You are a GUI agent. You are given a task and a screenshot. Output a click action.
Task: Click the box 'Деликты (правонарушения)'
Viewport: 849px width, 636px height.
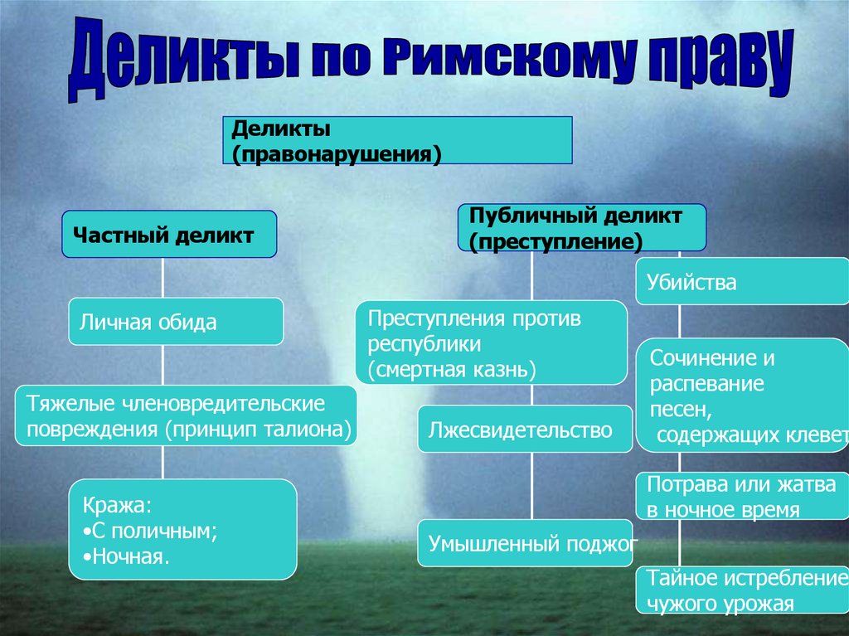click(397, 140)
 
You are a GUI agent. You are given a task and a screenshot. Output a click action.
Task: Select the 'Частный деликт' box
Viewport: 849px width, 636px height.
click(168, 235)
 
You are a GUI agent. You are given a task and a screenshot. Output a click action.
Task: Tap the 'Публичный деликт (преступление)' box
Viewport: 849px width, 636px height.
click(582, 228)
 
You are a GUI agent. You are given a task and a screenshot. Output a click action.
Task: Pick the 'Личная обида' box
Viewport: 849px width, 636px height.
click(176, 322)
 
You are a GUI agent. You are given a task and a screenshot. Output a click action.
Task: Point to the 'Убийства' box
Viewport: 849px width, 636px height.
click(742, 283)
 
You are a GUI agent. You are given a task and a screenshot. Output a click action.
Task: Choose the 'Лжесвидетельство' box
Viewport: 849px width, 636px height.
click(524, 429)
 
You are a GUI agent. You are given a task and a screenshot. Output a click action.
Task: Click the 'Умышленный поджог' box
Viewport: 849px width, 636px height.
click(525, 544)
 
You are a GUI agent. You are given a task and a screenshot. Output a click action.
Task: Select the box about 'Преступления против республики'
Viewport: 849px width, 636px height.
click(491, 342)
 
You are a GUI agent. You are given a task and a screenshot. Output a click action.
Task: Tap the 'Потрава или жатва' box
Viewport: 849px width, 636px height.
click(742, 496)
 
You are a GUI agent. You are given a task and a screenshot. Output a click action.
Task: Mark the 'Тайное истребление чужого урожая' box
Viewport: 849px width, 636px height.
click(742, 590)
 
